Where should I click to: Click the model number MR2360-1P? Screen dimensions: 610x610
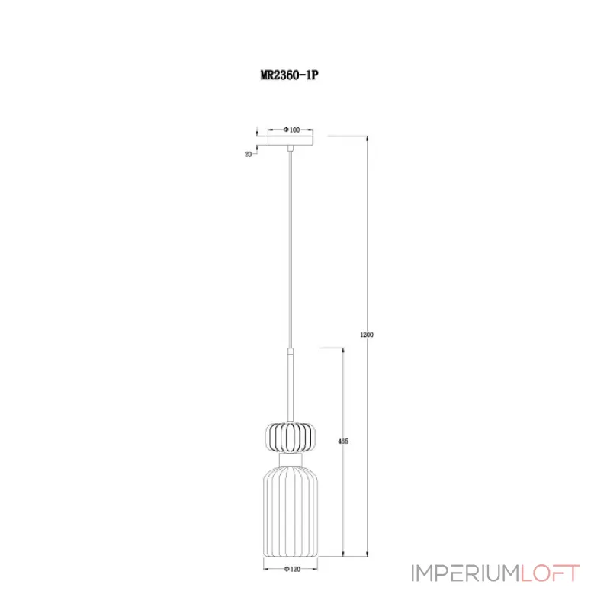289,75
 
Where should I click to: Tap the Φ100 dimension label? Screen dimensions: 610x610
292,130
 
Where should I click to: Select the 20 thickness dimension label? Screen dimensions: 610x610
248,155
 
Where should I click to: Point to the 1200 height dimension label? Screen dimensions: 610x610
367,335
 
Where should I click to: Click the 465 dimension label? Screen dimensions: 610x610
343,441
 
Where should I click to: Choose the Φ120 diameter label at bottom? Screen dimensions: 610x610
292,569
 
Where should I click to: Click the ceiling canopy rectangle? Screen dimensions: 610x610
291,140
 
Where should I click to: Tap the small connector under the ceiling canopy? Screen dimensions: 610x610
291,148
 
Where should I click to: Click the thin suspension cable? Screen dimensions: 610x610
291,249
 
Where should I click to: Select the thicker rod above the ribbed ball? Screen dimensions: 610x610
291,384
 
